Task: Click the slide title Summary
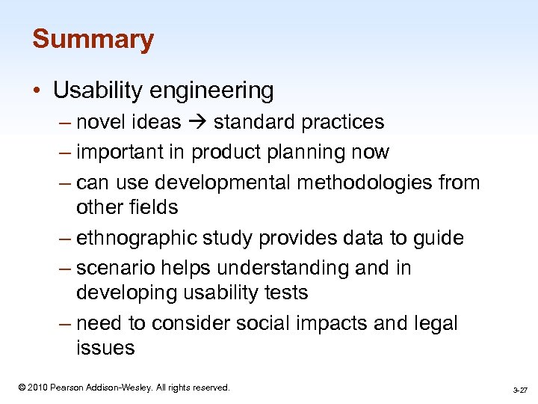(x=93, y=39)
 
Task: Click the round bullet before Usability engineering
(x=37, y=91)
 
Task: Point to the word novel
(x=102, y=122)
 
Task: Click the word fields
(x=155, y=207)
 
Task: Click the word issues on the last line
(x=105, y=348)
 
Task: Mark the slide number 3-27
(x=520, y=391)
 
